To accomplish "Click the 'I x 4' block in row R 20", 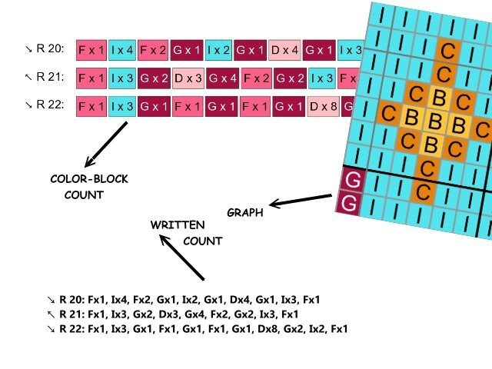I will coord(121,50).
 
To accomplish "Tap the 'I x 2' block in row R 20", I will coord(218,50).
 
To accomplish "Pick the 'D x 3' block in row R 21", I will coord(187,78).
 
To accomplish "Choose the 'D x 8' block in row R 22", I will coord(323,106).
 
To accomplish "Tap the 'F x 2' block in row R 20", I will coord(153,50).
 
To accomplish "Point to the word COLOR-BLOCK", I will coord(89,179).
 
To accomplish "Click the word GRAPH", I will coord(245,212).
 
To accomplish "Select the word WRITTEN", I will coord(177,225).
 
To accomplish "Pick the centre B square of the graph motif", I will coord(435,121).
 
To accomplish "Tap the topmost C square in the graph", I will coord(444,52).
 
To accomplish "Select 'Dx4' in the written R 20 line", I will coord(234,300).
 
